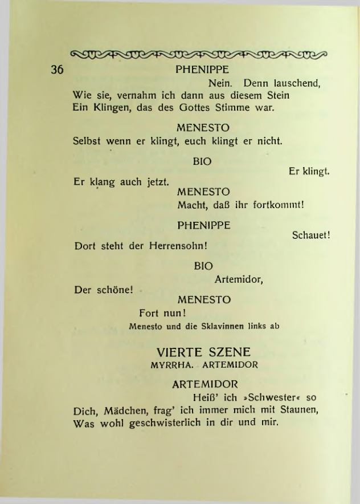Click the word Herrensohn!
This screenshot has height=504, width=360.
coord(178,247)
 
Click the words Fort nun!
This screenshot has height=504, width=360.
coord(163,313)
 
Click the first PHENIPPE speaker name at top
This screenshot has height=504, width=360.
coord(202,71)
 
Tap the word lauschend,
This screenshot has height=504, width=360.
coord(294,84)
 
